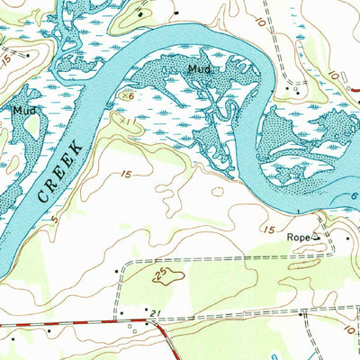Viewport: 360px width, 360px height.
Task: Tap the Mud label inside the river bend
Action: (200, 68)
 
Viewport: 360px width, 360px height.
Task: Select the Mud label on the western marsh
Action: (23, 111)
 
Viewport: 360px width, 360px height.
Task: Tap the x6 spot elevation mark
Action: (129, 94)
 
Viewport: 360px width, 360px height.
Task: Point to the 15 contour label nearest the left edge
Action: (7, 61)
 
